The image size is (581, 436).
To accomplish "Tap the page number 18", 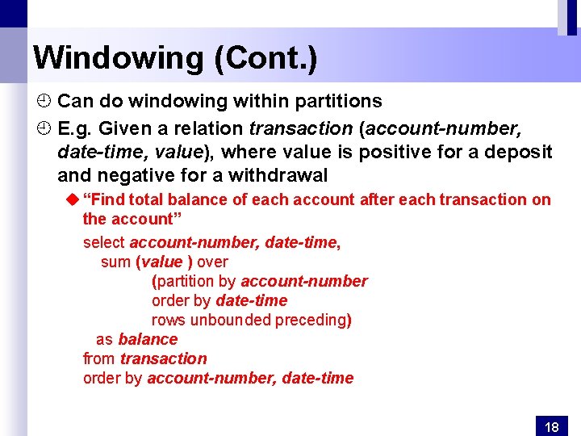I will click(x=552, y=426).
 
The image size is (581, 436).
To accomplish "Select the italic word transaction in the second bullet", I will click(x=301, y=128).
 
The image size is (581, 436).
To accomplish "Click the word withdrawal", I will click(x=278, y=175).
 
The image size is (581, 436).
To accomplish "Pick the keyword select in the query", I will click(x=104, y=242).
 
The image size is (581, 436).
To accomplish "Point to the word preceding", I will click(x=311, y=320).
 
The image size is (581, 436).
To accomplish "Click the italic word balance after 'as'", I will click(x=148, y=339).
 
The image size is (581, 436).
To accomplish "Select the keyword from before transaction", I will click(x=99, y=358).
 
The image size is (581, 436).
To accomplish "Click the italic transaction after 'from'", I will click(x=164, y=358).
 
